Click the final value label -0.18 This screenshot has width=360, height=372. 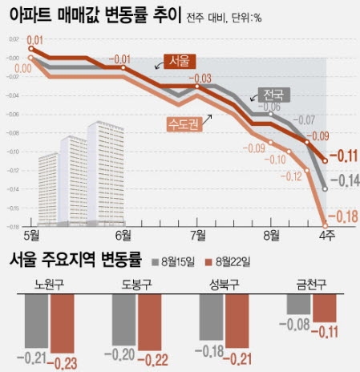[x=341, y=214]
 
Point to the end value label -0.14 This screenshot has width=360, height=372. [x=343, y=181]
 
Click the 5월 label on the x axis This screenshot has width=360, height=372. [x=34, y=236]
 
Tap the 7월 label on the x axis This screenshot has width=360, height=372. [x=197, y=236]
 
